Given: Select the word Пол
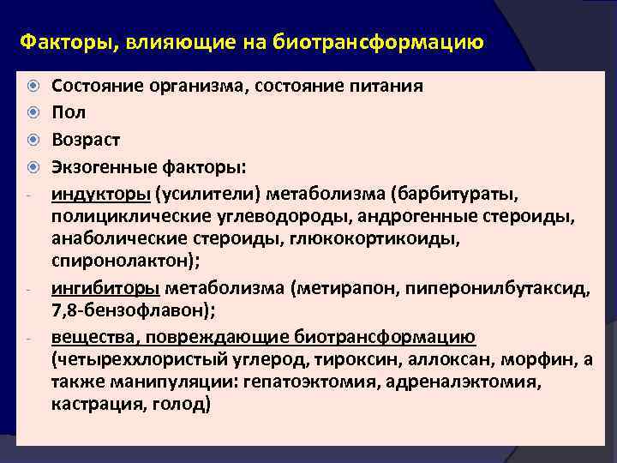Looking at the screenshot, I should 69,112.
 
